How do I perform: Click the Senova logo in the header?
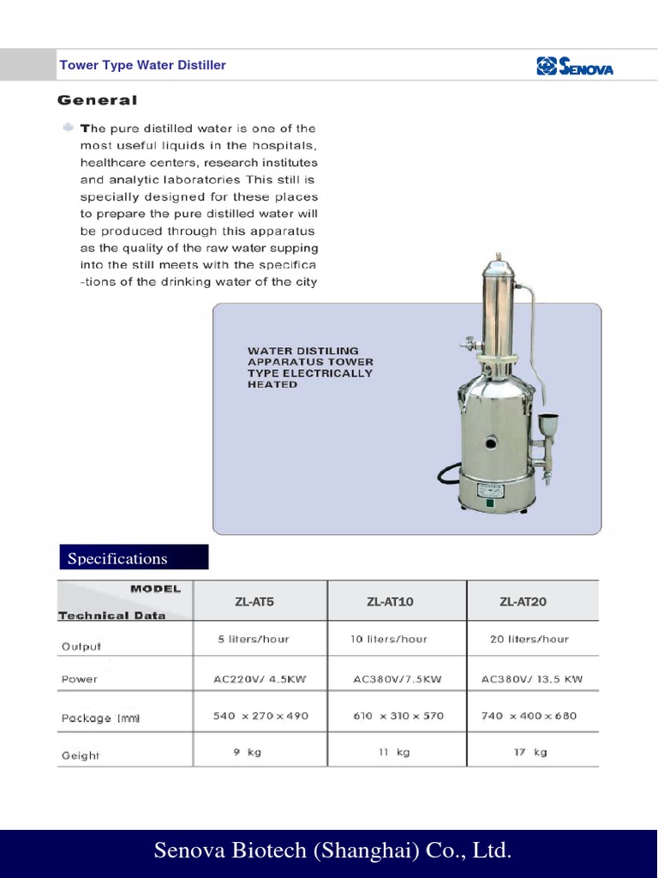tap(574, 66)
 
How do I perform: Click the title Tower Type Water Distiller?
tap(142, 65)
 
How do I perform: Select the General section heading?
tap(97, 100)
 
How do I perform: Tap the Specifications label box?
tap(134, 558)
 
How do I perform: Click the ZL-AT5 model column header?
tap(254, 602)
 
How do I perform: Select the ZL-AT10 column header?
tap(390, 602)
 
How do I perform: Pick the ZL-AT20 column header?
tap(523, 602)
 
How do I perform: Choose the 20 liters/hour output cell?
tap(529, 639)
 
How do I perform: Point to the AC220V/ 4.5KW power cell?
tap(260, 679)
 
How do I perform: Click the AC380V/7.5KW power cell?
tap(398, 679)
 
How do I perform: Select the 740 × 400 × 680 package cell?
tap(529, 716)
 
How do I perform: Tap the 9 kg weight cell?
tap(248, 752)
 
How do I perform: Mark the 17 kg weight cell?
tap(529, 752)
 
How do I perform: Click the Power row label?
tap(80, 679)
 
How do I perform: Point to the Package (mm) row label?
tap(100, 719)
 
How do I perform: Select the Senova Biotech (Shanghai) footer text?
tap(332, 851)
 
